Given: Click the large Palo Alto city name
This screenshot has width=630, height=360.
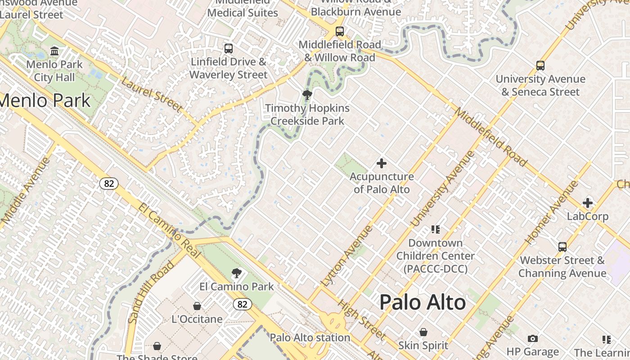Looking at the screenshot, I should tap(423, 302).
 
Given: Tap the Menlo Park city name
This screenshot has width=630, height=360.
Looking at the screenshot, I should tap(45, 100).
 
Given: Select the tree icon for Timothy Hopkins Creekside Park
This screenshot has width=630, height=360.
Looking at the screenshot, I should tap(307, 95).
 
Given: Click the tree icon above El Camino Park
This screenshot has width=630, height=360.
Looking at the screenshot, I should tap(236, 273).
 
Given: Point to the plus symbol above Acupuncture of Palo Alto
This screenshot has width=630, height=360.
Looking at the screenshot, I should tap(382, 163).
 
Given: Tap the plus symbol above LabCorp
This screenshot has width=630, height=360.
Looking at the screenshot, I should tap(588, 203).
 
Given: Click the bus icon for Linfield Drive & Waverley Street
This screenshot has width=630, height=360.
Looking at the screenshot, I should tap(229, 49).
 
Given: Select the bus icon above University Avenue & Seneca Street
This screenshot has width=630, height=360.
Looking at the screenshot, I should tap(540, 66).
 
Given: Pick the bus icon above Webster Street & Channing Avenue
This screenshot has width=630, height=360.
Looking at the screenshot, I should tap(562, 247).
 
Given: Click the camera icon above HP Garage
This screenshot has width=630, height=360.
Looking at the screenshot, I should tap(533, 338).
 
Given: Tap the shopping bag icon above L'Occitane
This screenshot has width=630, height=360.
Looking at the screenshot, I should tap(197, 306).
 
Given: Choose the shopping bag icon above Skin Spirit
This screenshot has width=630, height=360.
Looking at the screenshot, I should tap(423, 332).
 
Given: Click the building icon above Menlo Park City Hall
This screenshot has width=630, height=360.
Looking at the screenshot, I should tap(54, 51).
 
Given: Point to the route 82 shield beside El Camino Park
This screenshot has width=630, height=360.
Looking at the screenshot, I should tap(242, 305).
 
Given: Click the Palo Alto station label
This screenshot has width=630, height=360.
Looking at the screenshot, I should tap(310, 337).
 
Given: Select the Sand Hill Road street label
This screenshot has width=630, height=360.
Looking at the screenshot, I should tap(151, 292).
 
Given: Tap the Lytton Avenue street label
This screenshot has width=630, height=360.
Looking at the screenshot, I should tap(347, 256).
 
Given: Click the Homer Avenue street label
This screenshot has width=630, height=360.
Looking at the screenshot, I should tap(551, 212).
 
